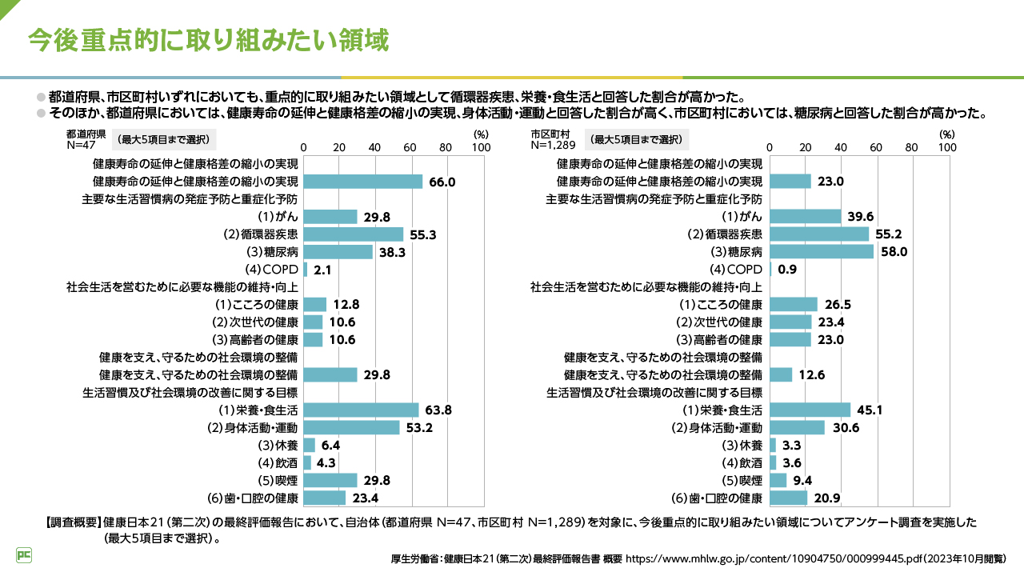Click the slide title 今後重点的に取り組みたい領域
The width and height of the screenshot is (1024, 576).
pos(208,40)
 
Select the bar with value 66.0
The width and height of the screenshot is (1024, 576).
pos(363,182)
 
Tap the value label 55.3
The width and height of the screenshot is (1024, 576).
pos(422,234)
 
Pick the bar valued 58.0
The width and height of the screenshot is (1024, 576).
pos(822,252)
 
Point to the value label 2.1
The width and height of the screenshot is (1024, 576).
pos(323,270)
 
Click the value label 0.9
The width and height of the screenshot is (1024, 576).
pos(787,270)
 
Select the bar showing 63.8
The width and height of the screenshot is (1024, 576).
pos(361,410)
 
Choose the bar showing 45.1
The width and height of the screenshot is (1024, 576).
pos(810,410)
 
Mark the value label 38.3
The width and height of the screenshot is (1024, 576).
pos(391,252)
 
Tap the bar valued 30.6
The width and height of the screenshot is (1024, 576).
pos(797,428)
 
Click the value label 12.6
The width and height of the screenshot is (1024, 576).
pos(811,375)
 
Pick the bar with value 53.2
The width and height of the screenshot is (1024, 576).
pos(351,428)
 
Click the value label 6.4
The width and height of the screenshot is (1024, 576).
pos(331,446)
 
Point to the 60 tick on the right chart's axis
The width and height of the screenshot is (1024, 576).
pos(876,147)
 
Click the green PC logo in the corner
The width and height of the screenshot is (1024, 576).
pos(24,554)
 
